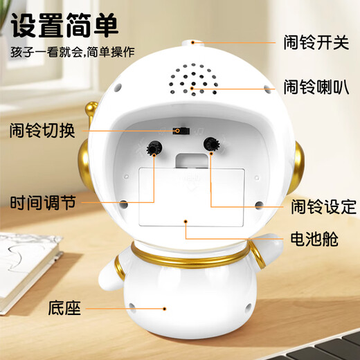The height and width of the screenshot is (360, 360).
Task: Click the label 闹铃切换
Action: (41, 130)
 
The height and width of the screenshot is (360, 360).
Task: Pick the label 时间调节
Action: (41, 204)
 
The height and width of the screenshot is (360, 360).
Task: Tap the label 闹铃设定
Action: (321, 206)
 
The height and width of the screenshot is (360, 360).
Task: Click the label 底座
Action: (62, 307)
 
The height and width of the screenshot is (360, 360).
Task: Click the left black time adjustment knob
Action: (153, 148)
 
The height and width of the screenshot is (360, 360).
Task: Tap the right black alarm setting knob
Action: (211, 144)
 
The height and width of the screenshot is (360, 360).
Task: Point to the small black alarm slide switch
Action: (181, 130)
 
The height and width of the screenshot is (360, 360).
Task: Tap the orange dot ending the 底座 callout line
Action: (164, 307)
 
